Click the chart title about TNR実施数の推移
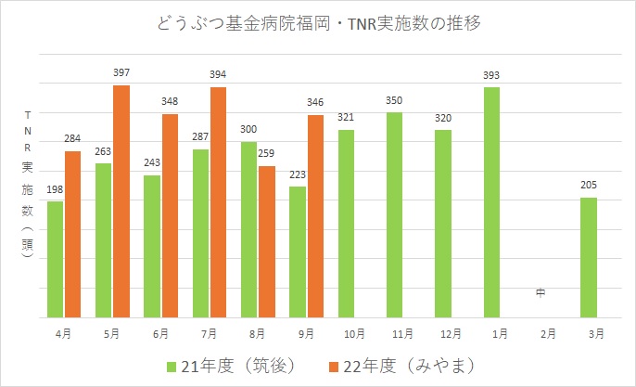318,23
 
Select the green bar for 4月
55,259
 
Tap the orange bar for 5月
121,201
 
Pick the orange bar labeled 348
170,215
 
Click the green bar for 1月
490,202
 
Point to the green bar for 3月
588,257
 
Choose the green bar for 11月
394,214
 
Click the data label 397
121,71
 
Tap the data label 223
297,174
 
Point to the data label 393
490,74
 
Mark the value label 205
588,184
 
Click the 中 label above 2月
540,294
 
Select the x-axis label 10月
346,332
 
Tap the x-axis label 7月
209,332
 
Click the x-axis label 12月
442,332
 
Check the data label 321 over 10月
346,117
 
